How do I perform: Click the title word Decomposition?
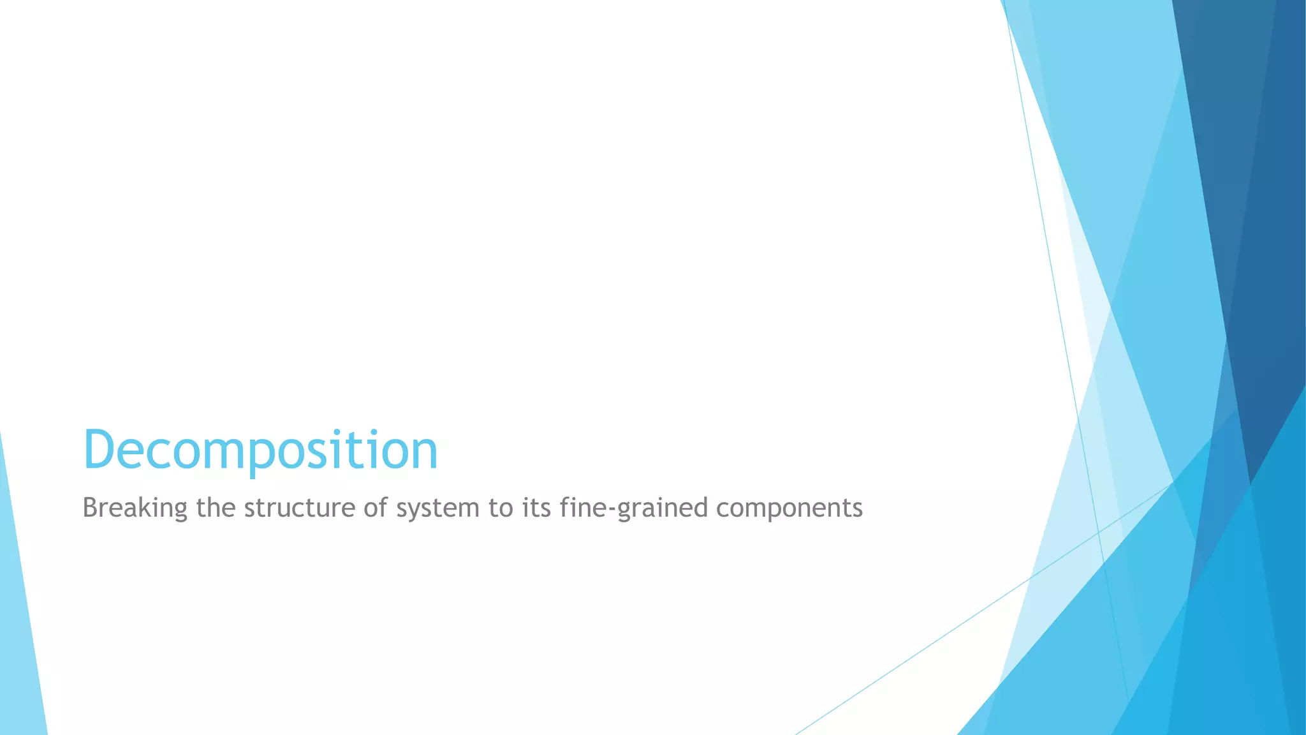[260, 450]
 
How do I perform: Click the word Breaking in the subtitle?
[135, 509]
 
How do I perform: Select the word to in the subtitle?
[501, 509]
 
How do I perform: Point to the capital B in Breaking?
[89, 509]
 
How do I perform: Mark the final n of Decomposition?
[423, 453]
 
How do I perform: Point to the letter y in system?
[418, 511]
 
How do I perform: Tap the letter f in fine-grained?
[564, 508]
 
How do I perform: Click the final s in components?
[857, 510]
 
